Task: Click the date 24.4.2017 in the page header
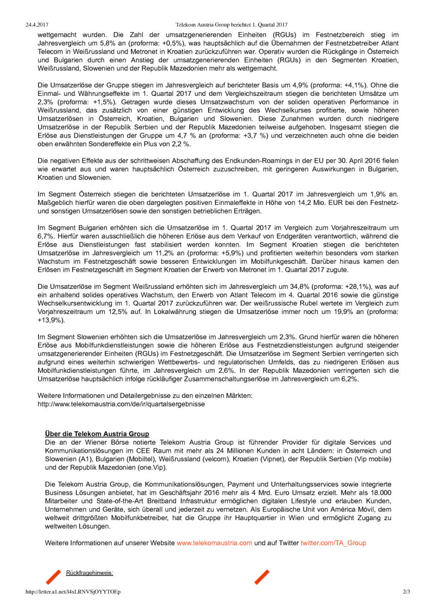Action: click(x=37, y=25)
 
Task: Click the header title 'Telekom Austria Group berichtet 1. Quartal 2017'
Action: click(x=231, y=25)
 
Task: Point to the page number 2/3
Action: click(x=406, y=592)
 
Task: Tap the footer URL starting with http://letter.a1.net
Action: click(x=73, y=592)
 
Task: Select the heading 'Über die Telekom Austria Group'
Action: click(x=97, y=434)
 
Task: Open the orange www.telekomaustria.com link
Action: click(x=214, y=543)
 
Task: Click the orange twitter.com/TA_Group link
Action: click(x=333, y=543)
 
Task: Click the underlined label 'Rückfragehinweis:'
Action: click(x=90, y=573)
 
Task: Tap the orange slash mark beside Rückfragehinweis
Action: click(x=54, y=577)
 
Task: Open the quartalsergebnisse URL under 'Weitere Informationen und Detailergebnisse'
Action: click(x=121, y=404)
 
